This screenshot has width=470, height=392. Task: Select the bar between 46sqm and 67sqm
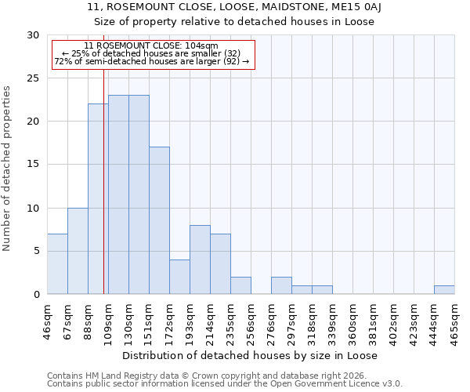tap(57, 264)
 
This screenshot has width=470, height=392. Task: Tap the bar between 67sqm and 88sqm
tap(78, 251)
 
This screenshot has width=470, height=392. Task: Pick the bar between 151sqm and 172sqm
tap(159, 221)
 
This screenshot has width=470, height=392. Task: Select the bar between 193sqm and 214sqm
tap(200, 260)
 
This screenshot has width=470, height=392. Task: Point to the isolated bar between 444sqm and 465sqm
tap(444, 290)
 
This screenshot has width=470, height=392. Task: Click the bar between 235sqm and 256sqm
tap(240, 285)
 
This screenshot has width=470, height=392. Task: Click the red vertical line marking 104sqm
tap(103, 196)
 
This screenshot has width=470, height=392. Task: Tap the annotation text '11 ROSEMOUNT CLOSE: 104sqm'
tap(151, 46)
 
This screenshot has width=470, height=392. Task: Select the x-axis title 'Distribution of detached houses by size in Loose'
tap(250, 356)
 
